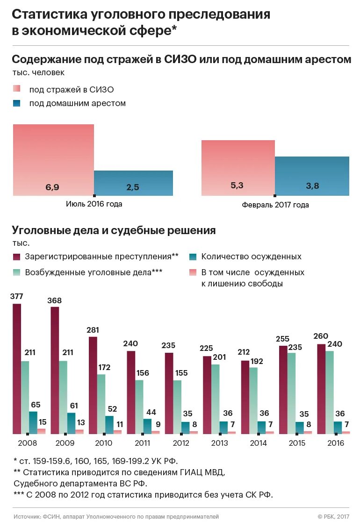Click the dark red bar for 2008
[17, 369]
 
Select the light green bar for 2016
[330, 392]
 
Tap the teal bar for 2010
[109, 425]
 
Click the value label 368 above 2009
[54, 300]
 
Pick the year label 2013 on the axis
[220, 443]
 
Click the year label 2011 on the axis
[143, 443]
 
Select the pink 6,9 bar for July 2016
[53, 160]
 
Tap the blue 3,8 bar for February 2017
[312, 176]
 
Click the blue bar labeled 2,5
[133, 183]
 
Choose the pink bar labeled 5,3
[238, 168]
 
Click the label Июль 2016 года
[94, 204]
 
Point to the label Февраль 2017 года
[275, 205]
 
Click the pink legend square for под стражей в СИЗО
[17, 89]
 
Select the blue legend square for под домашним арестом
[17, 103]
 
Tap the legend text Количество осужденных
[251, 257]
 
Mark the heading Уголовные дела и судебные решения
[114, 230]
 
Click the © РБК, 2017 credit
[333, 516]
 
